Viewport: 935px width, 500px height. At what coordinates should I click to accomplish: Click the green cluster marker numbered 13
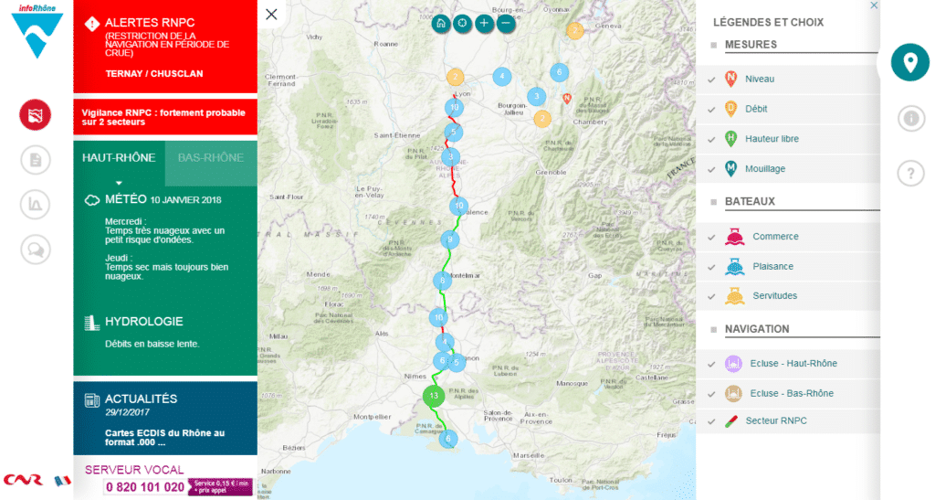[x=435, y=396]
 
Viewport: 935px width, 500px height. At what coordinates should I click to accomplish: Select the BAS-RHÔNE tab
[x=210, y=157]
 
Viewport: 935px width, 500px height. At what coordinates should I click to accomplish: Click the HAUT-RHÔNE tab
[x=119, y=157]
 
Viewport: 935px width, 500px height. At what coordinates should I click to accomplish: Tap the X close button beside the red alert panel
[x=271, y=14]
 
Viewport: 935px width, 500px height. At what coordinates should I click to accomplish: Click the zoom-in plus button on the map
[x=485, y=23]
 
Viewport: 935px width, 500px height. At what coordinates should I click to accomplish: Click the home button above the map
[x=441, y=23]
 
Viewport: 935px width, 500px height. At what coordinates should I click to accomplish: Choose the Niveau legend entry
[x=759, y=79]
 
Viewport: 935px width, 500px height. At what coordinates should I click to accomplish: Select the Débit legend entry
[x=756, y=109]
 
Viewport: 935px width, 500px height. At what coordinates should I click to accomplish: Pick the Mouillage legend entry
[x=764, y=169]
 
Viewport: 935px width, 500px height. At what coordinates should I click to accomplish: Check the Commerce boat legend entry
[x=774, y=237]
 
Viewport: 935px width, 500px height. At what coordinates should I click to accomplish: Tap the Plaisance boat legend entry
[x=772, y=267]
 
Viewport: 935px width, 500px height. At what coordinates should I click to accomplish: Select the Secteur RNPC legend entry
[x=775, y=420]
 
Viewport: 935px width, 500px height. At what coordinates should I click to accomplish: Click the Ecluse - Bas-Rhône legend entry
[x=792, y=393]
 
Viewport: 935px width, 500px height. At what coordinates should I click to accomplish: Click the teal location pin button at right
[x=909, y=62]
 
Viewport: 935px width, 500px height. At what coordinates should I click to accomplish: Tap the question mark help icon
[x=909, y=173]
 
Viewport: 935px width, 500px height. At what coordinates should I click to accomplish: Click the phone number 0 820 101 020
[x=144, y=487]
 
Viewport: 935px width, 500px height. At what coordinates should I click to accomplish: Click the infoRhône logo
[x=37, y=30]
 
